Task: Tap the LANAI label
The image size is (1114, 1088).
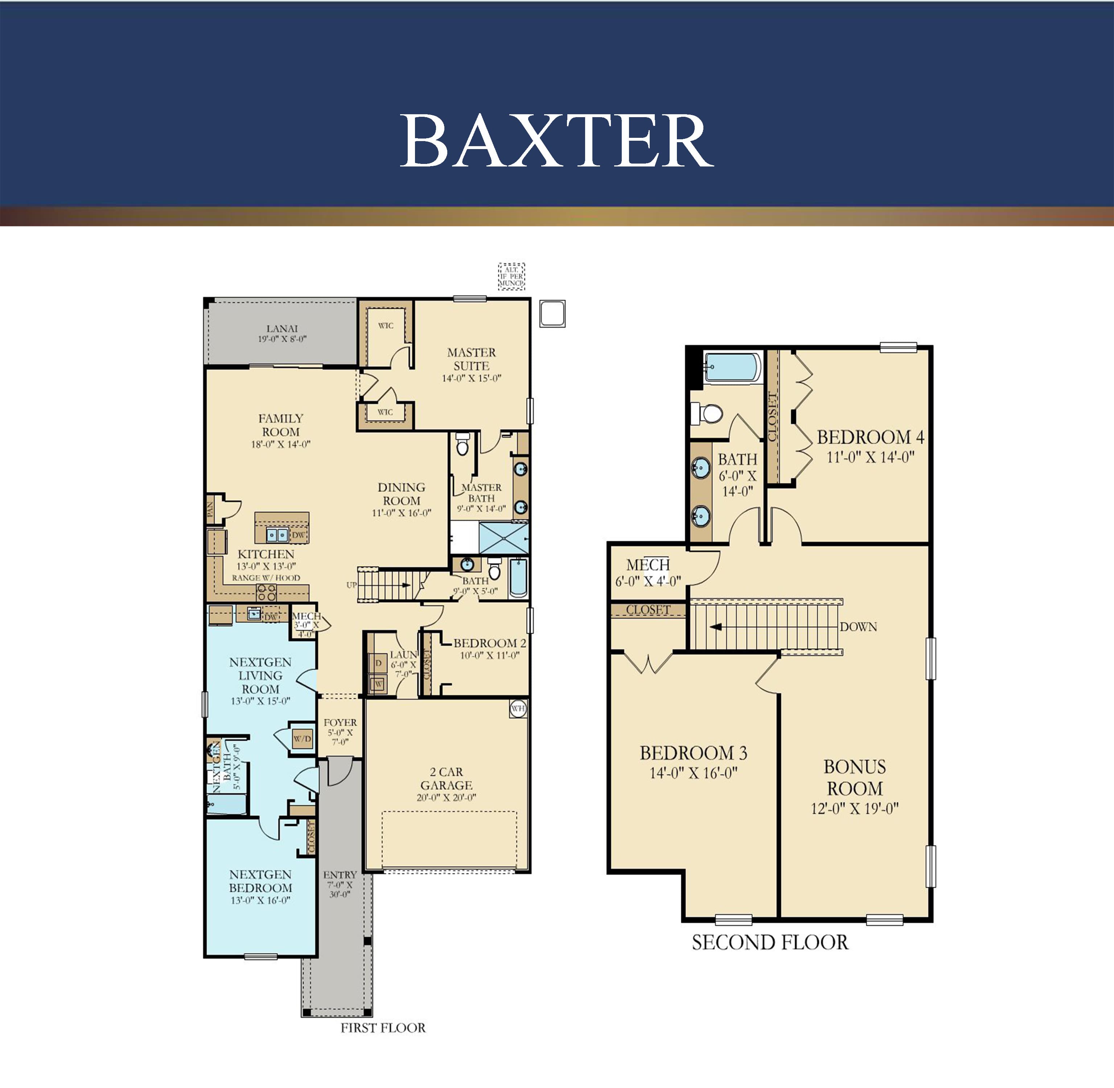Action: click(282, 329)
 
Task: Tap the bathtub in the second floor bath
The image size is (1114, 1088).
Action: click(732, 367)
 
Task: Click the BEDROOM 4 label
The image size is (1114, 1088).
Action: click(870, 438)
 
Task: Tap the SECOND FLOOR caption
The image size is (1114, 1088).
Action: click(769, 942)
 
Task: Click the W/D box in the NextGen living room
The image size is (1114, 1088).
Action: click(303, 739)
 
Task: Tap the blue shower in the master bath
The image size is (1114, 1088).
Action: click(503, 538)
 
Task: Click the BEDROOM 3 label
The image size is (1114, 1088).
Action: click(693, 753)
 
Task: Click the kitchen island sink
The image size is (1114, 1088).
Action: click(277, 535)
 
